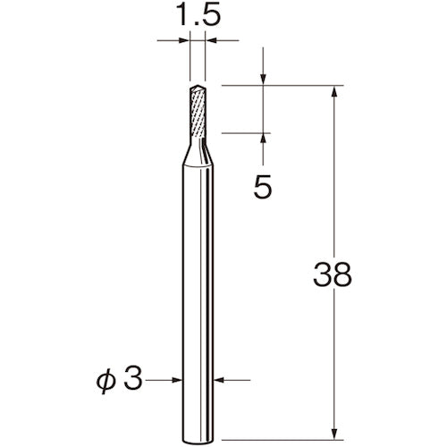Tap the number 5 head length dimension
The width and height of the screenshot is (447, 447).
[x=263, y=188]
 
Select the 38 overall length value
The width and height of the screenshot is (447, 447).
[x=333, y=274]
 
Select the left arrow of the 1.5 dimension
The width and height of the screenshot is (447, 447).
[x=184, y=40]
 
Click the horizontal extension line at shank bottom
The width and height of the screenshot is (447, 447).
[x=277, y=415]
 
